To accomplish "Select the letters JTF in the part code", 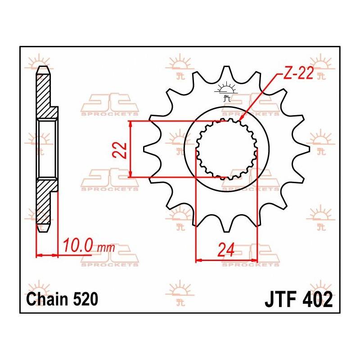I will point(279,299).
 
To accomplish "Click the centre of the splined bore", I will point(226,149).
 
